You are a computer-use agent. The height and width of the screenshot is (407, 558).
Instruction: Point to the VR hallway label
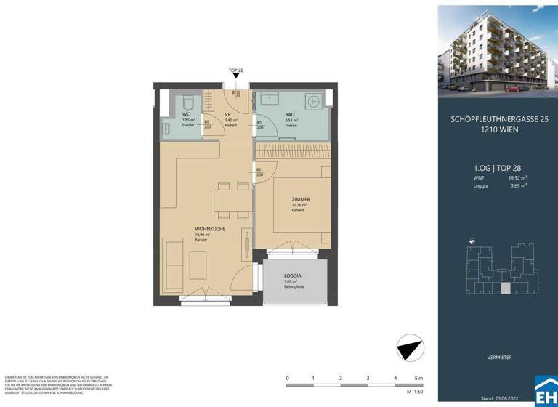pos(228,115)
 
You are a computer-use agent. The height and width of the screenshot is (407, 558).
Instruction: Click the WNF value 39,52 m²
pos(517,176)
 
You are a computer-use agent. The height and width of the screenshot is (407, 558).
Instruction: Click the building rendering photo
pos(498,47)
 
